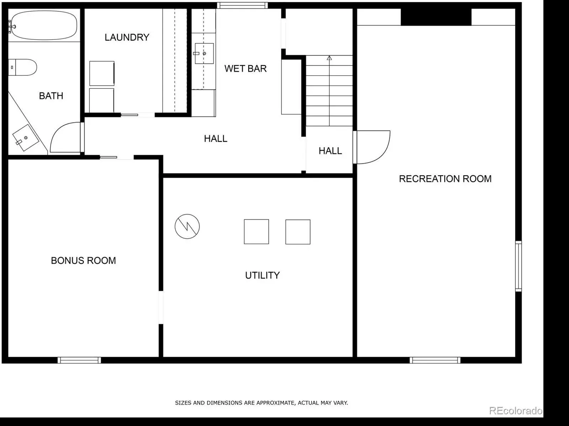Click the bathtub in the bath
point(44,25)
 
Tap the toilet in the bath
point(22,68)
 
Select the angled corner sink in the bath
point(26,137)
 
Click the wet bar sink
point(204,53)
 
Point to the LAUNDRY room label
point(127,37)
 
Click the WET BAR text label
point(245,69)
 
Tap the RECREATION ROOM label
point(445,179)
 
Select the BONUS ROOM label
point(83,260)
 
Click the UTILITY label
point(262,275)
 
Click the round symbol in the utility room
point(187,226)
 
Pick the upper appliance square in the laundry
point(102,73)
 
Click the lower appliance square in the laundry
point(102,101)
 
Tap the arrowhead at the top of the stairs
point(329,58)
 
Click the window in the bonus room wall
point(79,360)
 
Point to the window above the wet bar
point(243,5)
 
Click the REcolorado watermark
point(516,411)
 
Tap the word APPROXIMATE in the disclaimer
point(276,403)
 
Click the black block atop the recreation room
point(436,17)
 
